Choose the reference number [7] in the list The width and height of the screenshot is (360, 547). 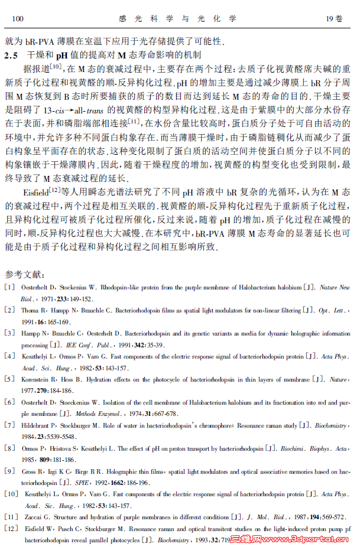pyautogui.click(x=9, y=425)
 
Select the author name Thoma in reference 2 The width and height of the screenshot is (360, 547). pyautogui.click(x=30, y=310)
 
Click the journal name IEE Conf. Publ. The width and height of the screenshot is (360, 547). pyautogui.click(x=80, y=344)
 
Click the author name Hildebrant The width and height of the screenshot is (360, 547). pyautogui.click(x=37, y=425)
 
